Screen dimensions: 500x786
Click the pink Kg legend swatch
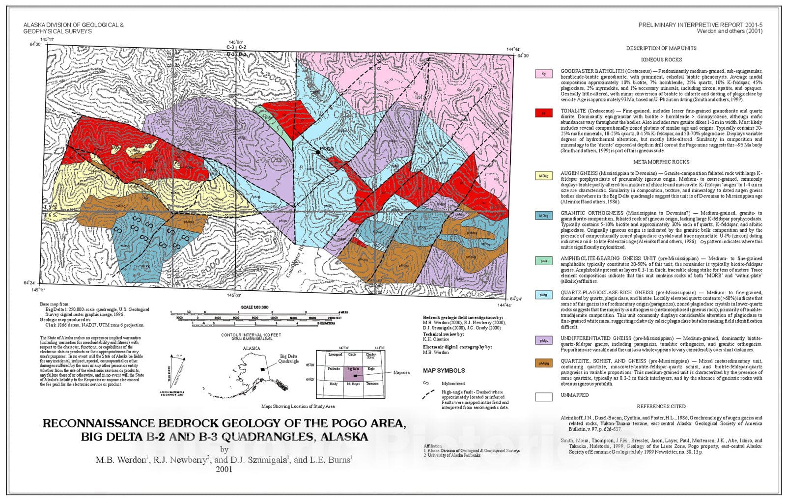543,74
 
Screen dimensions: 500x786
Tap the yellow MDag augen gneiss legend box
543,176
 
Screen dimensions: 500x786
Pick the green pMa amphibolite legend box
543,261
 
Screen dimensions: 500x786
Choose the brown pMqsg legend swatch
543,363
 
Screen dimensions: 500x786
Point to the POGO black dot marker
318,153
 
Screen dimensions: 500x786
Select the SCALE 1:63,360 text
254,307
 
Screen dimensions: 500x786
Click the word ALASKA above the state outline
252,348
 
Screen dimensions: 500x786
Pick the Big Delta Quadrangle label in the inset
289,359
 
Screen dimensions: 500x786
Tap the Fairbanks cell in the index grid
334,368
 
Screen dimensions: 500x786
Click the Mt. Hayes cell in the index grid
353,383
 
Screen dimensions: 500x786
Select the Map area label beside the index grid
401,372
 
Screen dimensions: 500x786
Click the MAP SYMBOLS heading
444,371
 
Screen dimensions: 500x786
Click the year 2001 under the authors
224,469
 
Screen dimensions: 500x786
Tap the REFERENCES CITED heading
661,406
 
